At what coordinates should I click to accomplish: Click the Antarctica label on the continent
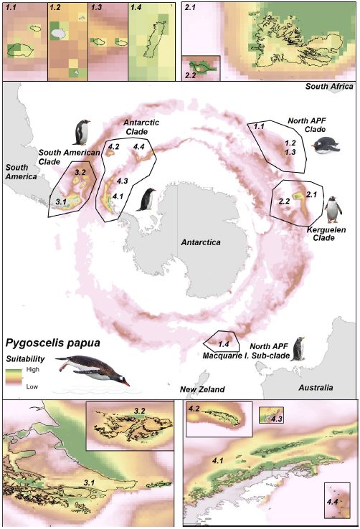(x=200, y=242)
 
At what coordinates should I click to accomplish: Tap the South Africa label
(x=329, y=86)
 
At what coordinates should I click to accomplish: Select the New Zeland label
(x=202, y=389)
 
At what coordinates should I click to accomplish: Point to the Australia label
(x=316, y=388)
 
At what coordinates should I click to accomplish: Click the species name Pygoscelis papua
(x=53, y=343)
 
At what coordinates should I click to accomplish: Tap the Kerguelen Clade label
(x=326, y=234)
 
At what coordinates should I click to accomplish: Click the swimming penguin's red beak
(x=125, y=383)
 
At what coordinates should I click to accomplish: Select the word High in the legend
(x=33, y=369)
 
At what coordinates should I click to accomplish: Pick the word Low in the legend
(x=32, y=386)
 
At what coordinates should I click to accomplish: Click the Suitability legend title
(x=25, y=358)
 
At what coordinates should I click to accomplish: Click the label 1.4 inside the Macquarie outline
(x=223, y=344)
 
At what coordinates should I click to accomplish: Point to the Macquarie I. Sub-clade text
(x=246, y=356)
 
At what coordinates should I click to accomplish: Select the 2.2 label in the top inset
(x=191, y=75)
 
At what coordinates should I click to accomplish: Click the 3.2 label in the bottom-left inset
(x=139, y=411)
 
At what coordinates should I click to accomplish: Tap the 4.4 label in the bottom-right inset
(x=332, y=502)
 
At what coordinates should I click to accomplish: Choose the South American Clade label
(x=69, y=157)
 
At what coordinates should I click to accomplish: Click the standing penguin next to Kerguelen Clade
(x=333, y=209)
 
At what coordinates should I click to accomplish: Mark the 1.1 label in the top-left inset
(x=11, y=7)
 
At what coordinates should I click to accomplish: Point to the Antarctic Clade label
(x=141, y=127)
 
